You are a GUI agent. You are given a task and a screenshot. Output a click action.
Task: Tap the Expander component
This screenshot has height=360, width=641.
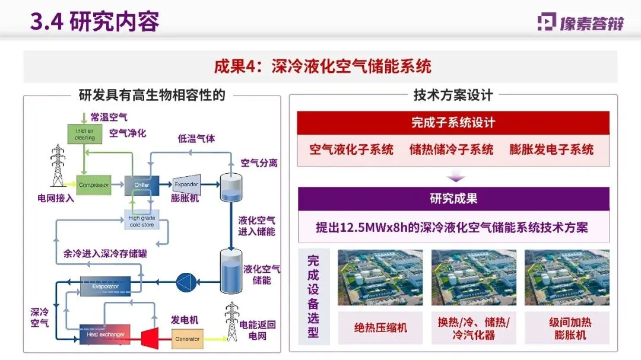pos(186,185)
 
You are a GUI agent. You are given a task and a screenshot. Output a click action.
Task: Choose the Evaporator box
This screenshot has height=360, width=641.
pos(104,286)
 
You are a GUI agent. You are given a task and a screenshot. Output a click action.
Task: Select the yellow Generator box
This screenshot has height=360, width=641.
pos(186,340)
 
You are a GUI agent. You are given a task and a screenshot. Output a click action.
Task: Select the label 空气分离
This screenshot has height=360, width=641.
pos(259,163)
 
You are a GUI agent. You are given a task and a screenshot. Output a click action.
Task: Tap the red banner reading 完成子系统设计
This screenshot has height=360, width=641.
pos(453,123)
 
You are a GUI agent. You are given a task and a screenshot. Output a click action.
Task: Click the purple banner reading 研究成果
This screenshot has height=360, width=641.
pos(453,199)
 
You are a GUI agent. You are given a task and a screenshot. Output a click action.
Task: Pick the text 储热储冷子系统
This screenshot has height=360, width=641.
pos(451,149)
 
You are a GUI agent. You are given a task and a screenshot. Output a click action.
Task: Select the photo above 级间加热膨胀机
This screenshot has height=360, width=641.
pos(567,278)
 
